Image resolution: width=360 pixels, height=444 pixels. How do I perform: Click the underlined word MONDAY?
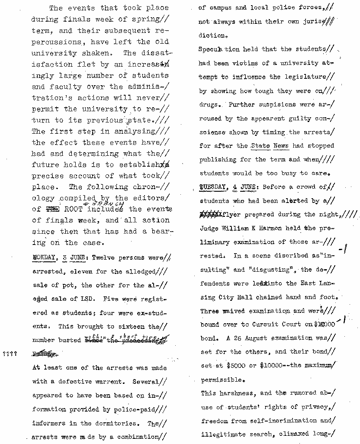point(45,258)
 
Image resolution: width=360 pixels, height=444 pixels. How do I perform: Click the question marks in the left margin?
point(10,354)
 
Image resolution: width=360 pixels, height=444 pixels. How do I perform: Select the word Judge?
point(209,228)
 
